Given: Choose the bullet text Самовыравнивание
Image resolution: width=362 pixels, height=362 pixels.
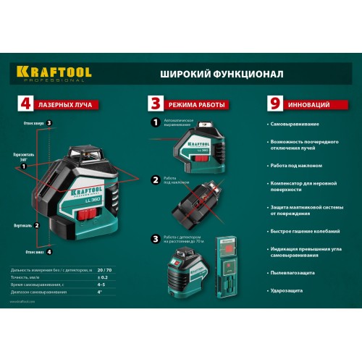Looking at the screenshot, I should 298,126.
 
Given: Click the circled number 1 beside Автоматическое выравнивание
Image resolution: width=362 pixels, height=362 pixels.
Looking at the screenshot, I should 154,122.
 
